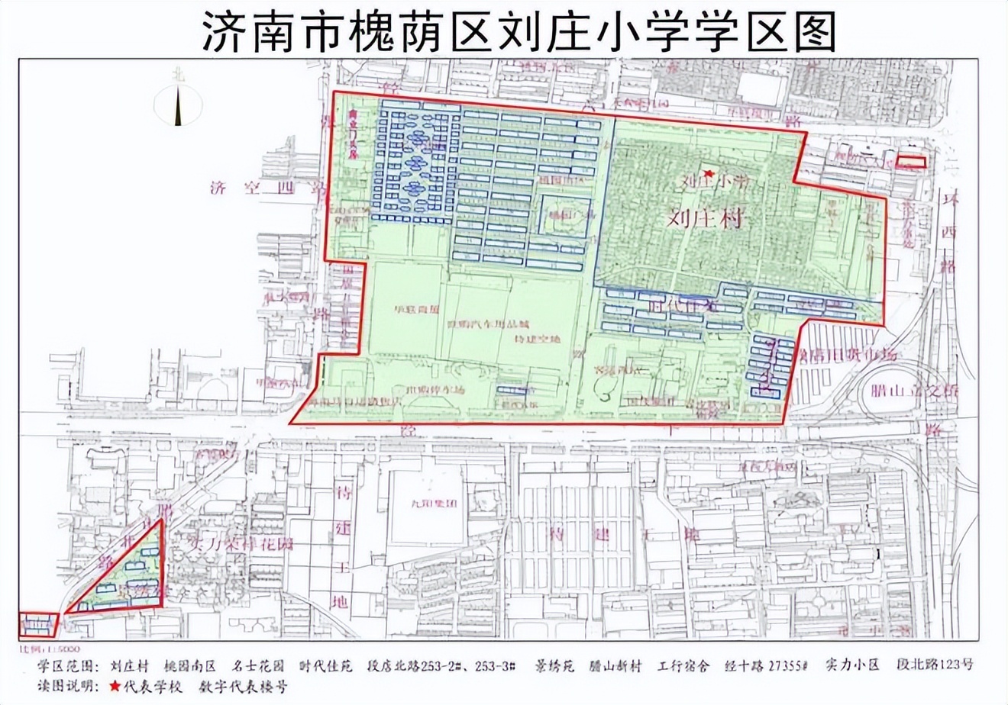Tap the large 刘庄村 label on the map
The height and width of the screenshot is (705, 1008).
(x=705, y=219)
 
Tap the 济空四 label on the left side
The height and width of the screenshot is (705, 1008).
(x=251, y=188)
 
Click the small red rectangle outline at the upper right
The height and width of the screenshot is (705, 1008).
(x=910, y=162)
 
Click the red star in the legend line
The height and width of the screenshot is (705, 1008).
(x=115, y=686)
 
